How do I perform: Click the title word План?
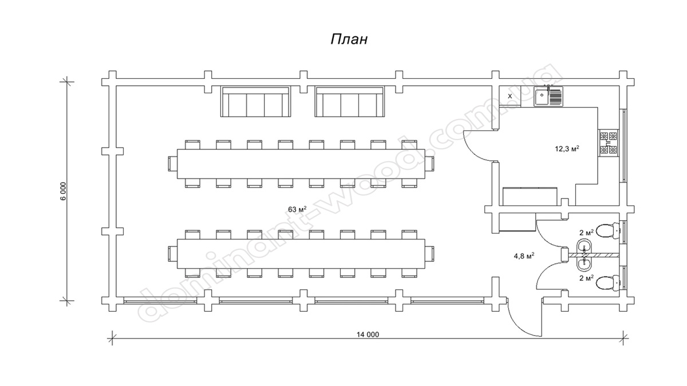coord(348,39)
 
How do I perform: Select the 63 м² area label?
coord(297,209)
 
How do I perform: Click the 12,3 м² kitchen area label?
coord(567,149)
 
